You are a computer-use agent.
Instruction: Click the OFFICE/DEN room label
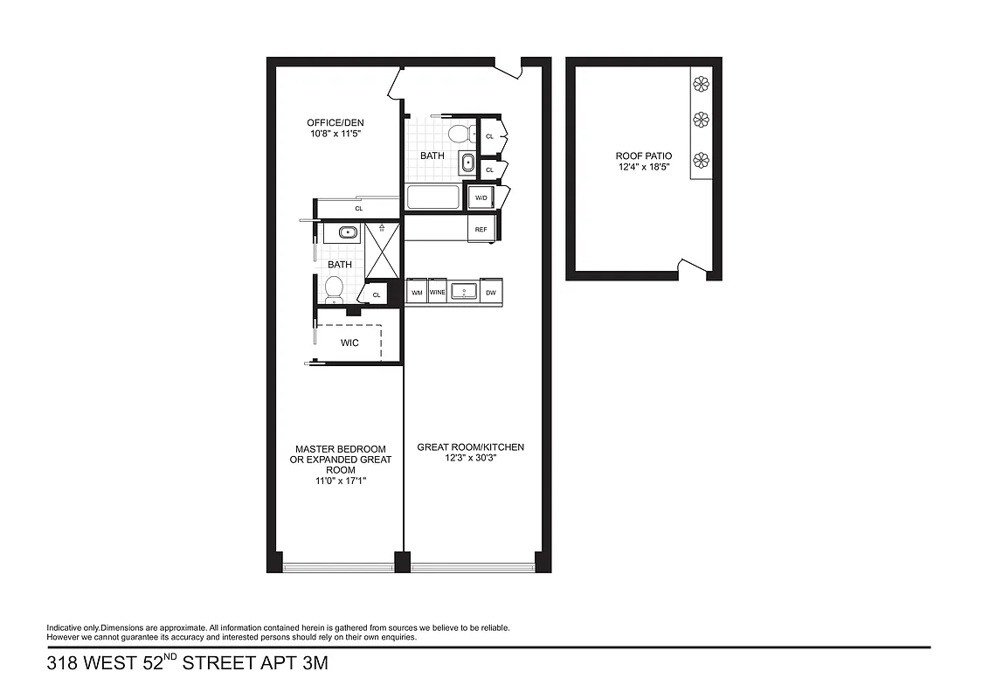[x=334, y=122]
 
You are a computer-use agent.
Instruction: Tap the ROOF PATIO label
[x=644, y=156]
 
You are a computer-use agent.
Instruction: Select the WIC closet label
[x=349, y=343]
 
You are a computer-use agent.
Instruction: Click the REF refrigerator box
[x=481, y=229]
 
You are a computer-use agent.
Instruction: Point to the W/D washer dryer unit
[x=481, y=198]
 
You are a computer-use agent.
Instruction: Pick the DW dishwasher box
[x=490, y=293]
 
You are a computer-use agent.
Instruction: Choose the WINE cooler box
[x=438, y=293]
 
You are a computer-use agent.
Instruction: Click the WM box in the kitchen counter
[x=417, y=293]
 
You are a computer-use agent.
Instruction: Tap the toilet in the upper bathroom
[x=459, y=134]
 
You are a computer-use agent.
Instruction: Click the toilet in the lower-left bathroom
[x=334, y=287]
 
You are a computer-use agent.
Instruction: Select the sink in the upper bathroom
[x=467, y=163]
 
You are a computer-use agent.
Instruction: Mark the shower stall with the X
[x=382, y=249]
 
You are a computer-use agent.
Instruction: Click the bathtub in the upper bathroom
[x=433, y=197]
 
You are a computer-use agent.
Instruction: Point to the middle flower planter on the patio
[x=701, y=120]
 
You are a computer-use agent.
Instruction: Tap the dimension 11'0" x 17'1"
[x=341, y=481]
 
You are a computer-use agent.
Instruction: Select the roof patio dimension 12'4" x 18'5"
[x=644, y=168]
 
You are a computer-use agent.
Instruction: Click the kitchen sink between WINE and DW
[x=464, y=292]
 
